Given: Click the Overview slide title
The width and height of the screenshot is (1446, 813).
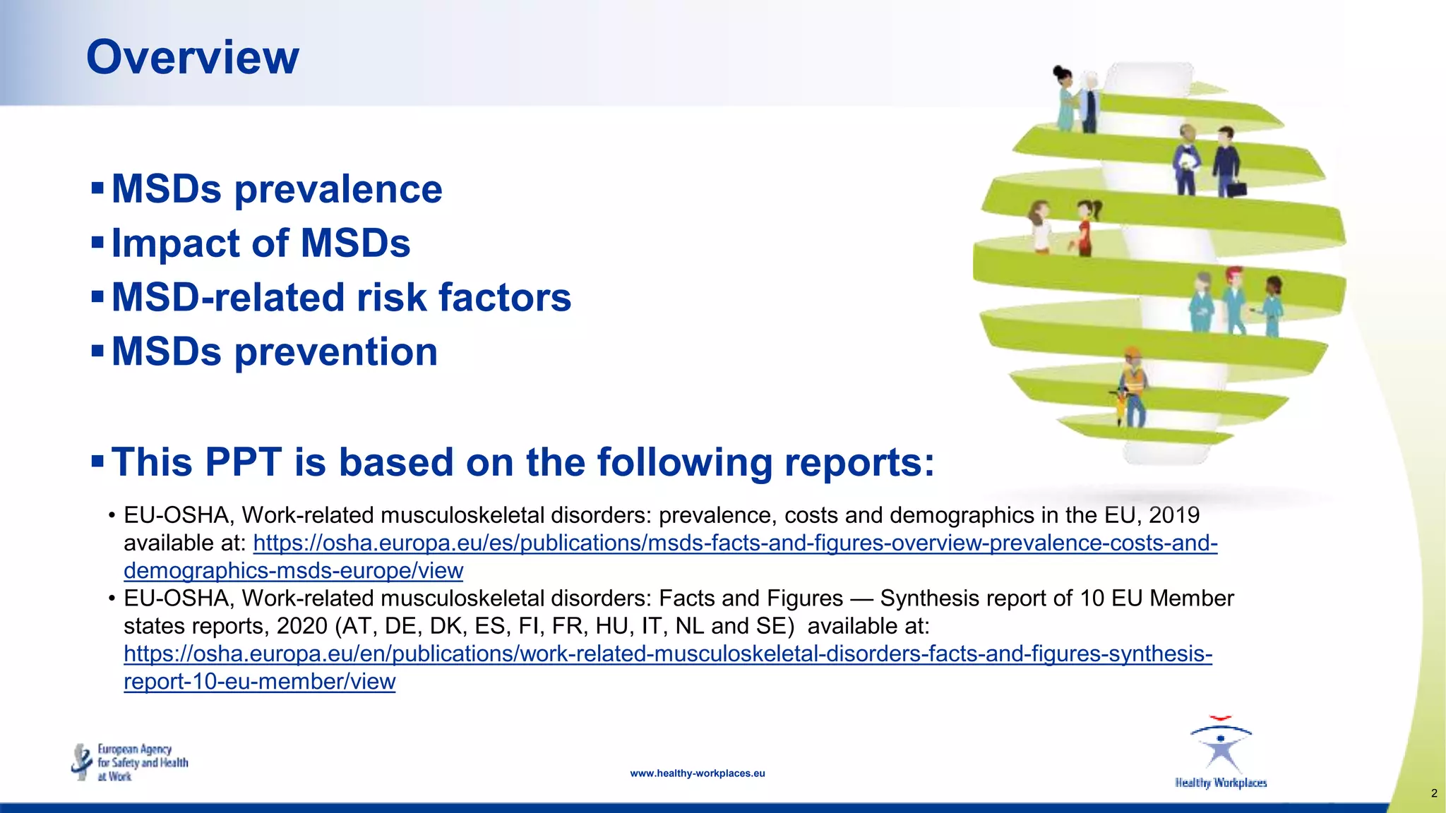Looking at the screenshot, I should point(192,57).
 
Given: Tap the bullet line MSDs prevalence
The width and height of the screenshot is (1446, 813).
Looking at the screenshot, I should point(277,189).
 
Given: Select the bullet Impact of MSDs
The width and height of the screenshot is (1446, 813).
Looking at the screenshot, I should point(261,243).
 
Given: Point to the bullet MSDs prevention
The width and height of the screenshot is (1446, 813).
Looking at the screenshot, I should point(275,351).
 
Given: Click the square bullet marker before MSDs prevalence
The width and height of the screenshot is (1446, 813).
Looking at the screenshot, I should point(97,188).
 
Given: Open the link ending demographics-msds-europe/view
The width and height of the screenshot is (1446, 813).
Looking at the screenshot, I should point(293,570).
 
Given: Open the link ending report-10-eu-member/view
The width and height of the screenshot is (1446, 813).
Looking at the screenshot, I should point(259,681).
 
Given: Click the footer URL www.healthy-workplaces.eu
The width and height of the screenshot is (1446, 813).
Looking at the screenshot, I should point(697,773).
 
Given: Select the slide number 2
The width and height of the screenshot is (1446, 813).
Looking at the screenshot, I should point(1433,793).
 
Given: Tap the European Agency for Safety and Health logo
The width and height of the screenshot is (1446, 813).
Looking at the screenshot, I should point(130,762).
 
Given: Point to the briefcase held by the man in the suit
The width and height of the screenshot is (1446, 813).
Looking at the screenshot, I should point(1236,188).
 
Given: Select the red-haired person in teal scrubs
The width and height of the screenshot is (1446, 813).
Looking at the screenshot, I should point(1234,300).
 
